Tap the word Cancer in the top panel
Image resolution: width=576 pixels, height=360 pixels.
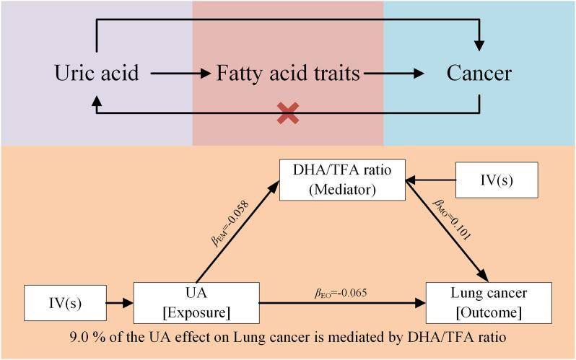click(479, 74)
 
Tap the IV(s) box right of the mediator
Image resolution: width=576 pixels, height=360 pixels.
click(497, 180)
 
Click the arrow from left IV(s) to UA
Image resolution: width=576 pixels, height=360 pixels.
click(119, 303)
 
